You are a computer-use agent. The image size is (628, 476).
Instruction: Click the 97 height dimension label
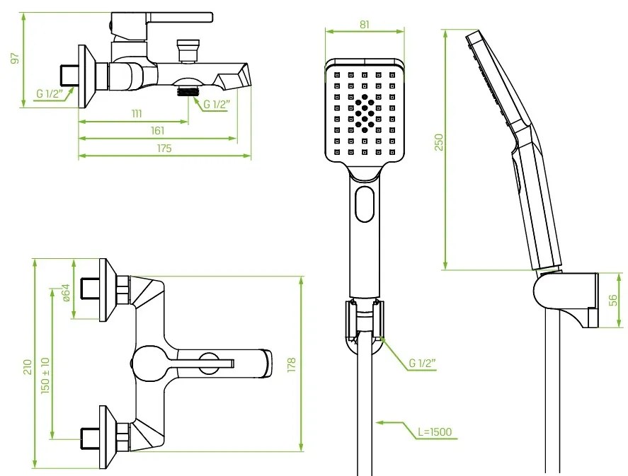[x=15, y=59]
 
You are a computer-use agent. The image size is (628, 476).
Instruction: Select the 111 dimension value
[x=137, y=114]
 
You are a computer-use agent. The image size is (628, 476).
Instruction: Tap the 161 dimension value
[x=158, y=131]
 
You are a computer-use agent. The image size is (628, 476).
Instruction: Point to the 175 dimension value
[x=164, y=149]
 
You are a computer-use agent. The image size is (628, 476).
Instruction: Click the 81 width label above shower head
[x=364, y=25]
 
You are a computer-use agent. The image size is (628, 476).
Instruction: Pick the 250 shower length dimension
[x=439, y=142]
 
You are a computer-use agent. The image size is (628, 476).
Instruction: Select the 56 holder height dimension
[x=613, y=301]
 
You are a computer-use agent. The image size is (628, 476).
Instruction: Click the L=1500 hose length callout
[x=435, y=431]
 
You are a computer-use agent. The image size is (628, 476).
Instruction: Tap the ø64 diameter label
[x=66, y=293]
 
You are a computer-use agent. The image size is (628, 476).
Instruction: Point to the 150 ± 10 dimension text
[x=45, y=376]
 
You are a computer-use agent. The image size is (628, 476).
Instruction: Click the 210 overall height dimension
[x=27, y=367]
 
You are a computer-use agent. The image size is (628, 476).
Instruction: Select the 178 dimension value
[x=291, y=365]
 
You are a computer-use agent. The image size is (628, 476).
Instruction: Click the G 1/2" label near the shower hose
[x=422, y=364]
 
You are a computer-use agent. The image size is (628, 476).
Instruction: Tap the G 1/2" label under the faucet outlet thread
[x=217, y=105]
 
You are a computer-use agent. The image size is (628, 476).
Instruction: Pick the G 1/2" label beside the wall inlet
[x=50, y=94]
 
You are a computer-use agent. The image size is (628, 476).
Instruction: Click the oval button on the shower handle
[x=365, y=204]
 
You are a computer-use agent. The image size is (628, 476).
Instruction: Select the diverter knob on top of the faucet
[x=188, y=51]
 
